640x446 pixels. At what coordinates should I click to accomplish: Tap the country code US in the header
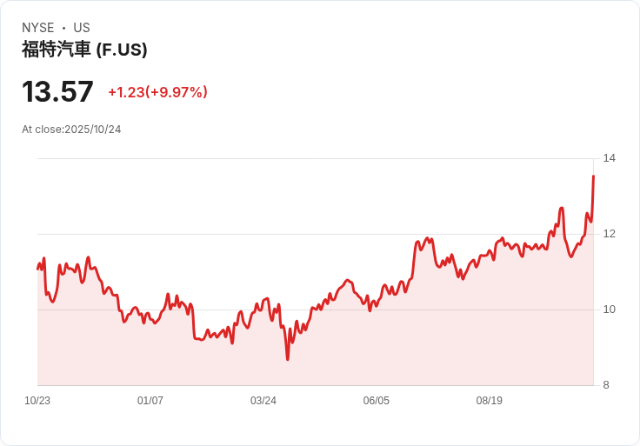pyautogui.click(x=82, y=28)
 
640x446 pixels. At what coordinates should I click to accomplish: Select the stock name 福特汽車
pyautogui.click(x=56, y=50)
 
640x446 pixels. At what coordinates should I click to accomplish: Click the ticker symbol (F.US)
pyautogui.click(x=122, y=50)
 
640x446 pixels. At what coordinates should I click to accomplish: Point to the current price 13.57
pyautogui.click(x=57, y=92)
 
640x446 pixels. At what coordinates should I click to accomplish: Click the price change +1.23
pyautogui.click(x=126, y=92)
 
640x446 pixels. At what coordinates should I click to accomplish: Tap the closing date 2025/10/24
pyautogui.click(x=92, y=130)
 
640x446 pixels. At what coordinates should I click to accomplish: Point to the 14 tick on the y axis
pyautogui.click(x=609, y=158)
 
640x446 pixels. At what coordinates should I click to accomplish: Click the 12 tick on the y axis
pyautogui.click(x=609, y=234)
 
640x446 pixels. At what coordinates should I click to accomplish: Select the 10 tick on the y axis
pyautogui.click(x=609, y=310)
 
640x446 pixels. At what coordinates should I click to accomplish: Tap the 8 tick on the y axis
pyautogui.click(x=606, y=385)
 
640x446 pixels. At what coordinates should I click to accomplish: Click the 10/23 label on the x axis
pyautogui.click(x=37, y=401)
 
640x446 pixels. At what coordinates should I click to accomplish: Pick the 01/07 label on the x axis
pyautogui.click(x=150, y=401)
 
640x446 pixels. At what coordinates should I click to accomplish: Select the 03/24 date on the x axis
pyautogui.click(x=263, y=401)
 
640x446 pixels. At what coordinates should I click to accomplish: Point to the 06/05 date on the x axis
pyautogui.click(x=377, y=401)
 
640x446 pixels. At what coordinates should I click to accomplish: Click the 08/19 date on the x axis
pyautogui.click(x=490, y=401)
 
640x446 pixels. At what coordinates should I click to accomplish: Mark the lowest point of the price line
pyautogui.click(x=287, y=359)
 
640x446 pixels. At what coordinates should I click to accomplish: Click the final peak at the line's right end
pyautogui.click(x=593, y=176)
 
